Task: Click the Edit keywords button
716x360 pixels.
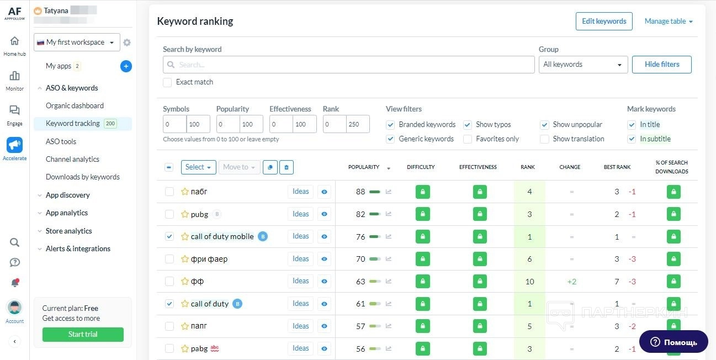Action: pyautogui.click(x=604, y=22)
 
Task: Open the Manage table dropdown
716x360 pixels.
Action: pyautogui.click(x=668, y=22)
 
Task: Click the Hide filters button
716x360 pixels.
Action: pyautogui.click(x=661, y=65)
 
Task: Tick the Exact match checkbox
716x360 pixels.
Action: pyautogui.click(x=167, y=82)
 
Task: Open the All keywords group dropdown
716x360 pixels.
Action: pyautogui.click(x=582, y=65)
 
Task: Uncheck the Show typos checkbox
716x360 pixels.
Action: pyautogui.click(x=467, y=125)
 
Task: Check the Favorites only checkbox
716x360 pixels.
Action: pyautogui.click(x=467, y=139)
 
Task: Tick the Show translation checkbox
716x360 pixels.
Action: pyautogui.click(x=544, y=139)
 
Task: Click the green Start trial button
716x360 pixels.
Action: pyautogui.click(x=83, y=335)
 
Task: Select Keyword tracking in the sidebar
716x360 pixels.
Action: pyautogui.click(x=73, y=124)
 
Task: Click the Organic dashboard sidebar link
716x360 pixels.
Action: pyautogui.click(x=75, y=105)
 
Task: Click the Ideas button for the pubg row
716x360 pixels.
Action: pyautogui.click(x=300, y=214)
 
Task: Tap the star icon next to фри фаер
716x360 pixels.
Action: pyautogui.click(x=185, y=259)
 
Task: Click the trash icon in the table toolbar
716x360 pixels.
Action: pyautogui.click(x=286, y=167)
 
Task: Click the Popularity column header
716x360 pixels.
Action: pyautogui.click(x=364, y=167)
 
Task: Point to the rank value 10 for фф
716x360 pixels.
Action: pyautogui.click(x=529, y=282)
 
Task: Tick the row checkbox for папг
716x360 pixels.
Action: pyautogui.click(x=169, y=326)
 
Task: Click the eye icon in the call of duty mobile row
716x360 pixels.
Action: pyautogui.click(x=325, y=237)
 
